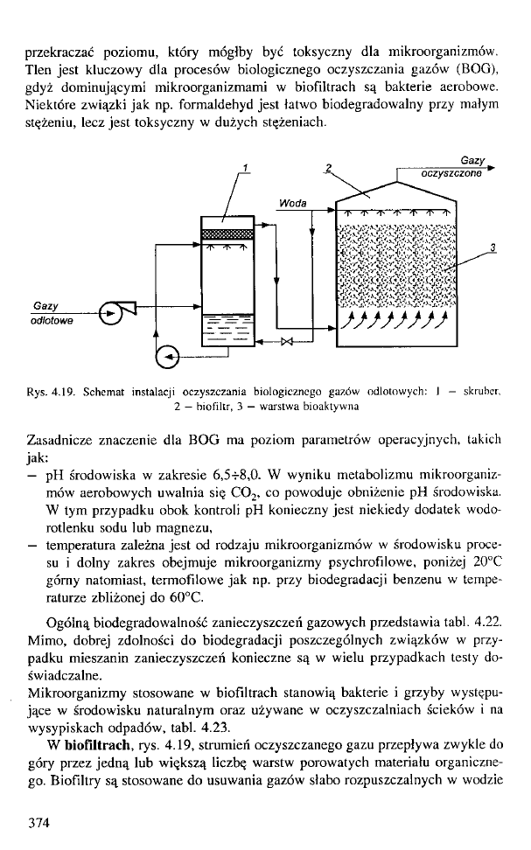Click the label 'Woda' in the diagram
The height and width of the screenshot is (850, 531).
(x=293, y=203)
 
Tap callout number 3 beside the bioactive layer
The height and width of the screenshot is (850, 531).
(x=493, y=247)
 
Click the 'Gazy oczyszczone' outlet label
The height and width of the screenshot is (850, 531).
(x=451, y=168)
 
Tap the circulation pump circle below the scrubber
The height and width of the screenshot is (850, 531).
(x=166, y=355)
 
